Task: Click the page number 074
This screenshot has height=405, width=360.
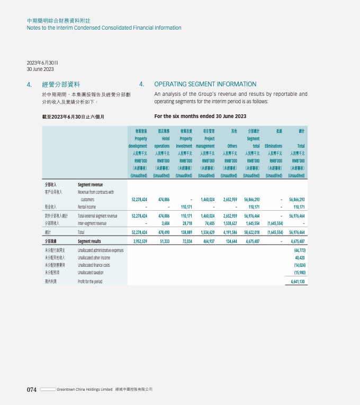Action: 32,390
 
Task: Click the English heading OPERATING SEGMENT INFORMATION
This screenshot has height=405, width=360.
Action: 205,84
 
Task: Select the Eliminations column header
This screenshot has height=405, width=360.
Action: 274,146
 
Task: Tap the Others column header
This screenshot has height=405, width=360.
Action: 232,146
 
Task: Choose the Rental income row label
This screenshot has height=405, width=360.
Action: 86,207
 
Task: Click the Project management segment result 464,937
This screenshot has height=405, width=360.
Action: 205,241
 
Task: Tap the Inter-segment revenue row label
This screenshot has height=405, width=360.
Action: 92,223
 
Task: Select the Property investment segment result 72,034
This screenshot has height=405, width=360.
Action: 184,241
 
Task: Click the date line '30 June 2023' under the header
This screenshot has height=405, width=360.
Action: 40,69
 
